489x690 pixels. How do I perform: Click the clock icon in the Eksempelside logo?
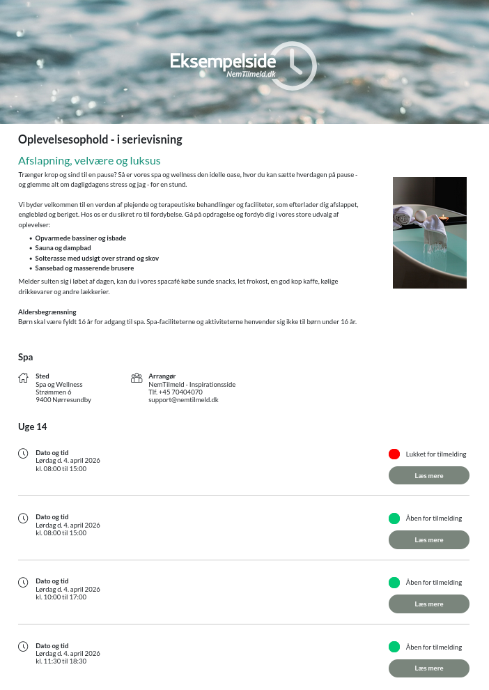click(293, 65)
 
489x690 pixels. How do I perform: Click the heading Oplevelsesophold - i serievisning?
click(100, 139)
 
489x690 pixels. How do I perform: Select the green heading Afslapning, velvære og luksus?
click(89, 160)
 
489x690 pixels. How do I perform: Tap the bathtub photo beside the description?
click(429, 232)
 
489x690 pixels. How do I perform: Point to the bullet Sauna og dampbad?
click(63, 247)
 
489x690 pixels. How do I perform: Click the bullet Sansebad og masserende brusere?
click(84, 268)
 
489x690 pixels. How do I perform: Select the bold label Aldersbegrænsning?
click(47, 312)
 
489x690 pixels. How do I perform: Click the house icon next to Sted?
click(24, 378)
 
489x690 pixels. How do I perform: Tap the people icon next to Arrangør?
click(137, 378)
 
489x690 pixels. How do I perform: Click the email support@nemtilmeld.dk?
click(183, 400)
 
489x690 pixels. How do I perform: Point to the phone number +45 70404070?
click(180, 392)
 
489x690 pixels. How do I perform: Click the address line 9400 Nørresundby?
click(63, 400)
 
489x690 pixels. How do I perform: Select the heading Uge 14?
click(32, 427)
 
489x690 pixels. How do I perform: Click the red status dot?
click(394, 454)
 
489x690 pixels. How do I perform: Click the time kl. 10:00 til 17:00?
click(61, 597)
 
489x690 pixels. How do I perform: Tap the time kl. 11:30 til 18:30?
click(61, 661)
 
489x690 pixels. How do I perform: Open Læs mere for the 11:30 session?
click(428, 668)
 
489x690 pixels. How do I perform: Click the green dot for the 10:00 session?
click(394, 583)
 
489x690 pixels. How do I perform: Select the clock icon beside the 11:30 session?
click(23, 646)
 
